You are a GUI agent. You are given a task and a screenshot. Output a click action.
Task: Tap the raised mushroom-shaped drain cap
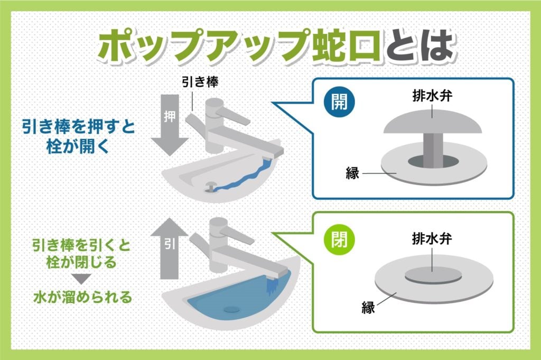point(433,123)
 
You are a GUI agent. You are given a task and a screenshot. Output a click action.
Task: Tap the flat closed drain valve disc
point(433,275)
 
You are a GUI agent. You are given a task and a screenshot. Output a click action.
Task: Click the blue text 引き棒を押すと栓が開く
point(78,136)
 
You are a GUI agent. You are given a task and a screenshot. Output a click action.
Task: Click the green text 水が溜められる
point(78,297)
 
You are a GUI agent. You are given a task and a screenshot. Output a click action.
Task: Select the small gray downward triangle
point(78,279)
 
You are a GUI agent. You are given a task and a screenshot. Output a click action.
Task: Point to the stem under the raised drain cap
point(433,148)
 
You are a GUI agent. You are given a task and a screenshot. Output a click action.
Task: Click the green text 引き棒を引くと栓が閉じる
point(78,254)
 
